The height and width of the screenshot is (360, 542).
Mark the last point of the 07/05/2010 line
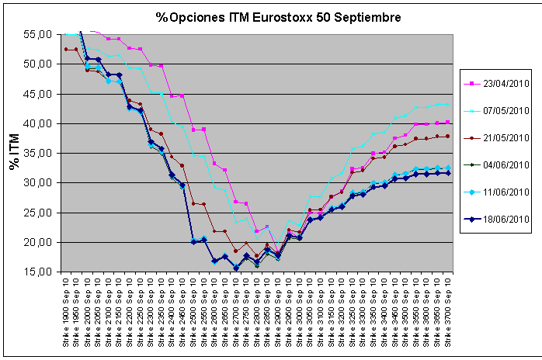[x=447, y=105]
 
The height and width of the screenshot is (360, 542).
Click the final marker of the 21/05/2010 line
[x=447, y=137]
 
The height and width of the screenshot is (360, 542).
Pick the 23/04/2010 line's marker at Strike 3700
[x=447, y=122]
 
